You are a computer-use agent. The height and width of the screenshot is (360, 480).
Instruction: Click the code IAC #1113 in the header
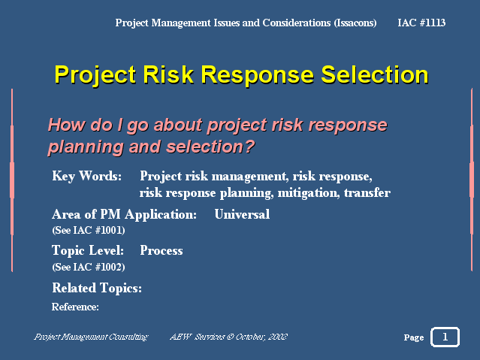(x=421, y=23)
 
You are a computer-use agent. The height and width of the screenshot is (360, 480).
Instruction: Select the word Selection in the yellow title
(x=375, y=74)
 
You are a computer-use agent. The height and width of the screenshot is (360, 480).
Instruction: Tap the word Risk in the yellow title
(x=168, y=74)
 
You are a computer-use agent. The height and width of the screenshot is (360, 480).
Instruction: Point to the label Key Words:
(x=87, y=176)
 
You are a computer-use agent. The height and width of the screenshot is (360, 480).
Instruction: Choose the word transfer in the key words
(x=367, y=192)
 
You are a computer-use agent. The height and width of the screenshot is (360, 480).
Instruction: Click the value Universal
(x=242, y=214)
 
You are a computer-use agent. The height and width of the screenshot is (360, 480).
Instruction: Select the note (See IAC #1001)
(x=89, y=230)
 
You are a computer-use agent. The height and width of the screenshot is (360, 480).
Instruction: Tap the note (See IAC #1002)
(x=89, y=267)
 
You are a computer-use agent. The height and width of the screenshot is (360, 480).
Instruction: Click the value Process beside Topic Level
(x=162, y=250)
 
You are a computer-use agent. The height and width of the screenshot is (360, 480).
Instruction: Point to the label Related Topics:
(x=97, y=288)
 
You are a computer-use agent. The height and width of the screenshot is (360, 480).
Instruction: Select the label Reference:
(x=75, y=307)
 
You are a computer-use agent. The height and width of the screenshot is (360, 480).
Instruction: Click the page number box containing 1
(x=445, y=337)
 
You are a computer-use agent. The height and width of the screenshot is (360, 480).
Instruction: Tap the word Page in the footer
(x=414, y=337)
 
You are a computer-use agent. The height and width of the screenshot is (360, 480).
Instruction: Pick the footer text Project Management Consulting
(x=91, y=337)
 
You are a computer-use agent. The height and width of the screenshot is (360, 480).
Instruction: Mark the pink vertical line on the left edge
(x=12, y=180)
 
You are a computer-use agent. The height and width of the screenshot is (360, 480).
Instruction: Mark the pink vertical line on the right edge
(x=472, y=180)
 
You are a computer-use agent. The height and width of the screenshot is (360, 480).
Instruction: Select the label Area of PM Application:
(x=124, y=214)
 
